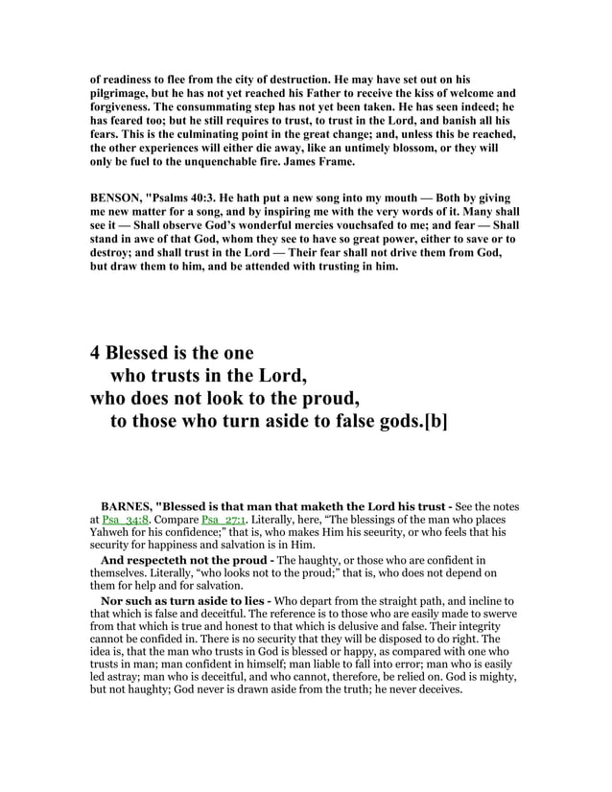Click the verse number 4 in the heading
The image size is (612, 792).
(96, 351)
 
